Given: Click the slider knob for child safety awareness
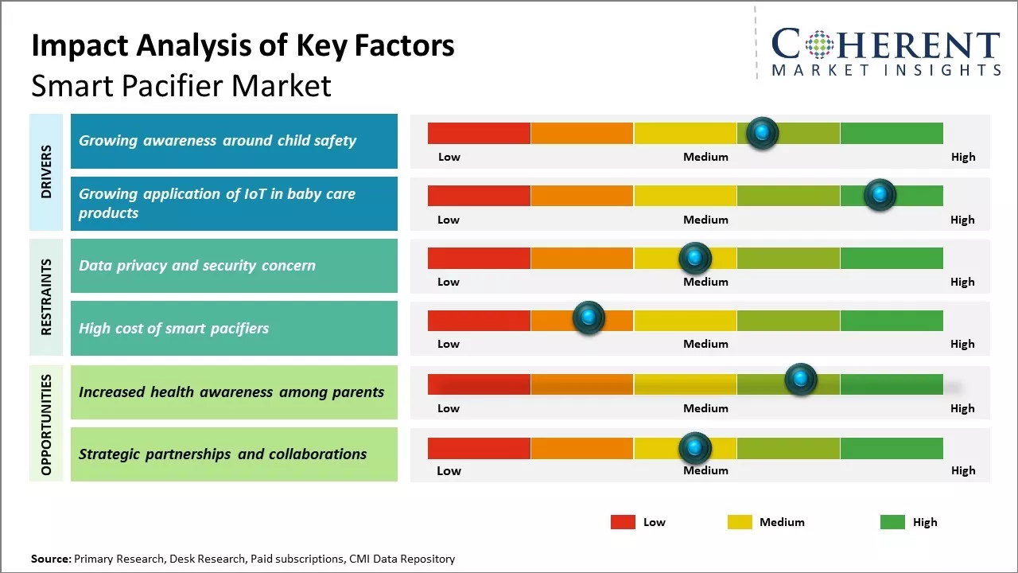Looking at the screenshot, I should coord(763,133).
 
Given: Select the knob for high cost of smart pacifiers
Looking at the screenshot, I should coord(589,318).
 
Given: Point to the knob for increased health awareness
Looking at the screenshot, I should coord(801,380).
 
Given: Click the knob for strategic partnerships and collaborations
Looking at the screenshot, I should coord(695,449).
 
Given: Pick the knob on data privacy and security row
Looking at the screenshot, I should coord(695,258).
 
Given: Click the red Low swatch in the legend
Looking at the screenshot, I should coord(623,522).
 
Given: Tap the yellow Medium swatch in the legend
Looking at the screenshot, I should coord(740,522).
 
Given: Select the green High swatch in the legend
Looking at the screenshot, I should coord(892,522).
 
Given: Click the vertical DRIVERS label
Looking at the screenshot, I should coord(46,172).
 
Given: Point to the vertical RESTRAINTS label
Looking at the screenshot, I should coord(46,297).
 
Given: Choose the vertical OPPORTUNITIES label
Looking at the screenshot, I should coord(46,424).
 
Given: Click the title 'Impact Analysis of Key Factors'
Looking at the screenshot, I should coord(243,46).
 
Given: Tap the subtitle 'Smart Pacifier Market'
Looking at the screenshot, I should coord(181,86).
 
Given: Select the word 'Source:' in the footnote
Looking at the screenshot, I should coord(51,559).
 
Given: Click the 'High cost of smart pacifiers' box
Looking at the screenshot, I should coord(234,328).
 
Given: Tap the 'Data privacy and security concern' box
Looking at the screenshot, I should coord(234,266).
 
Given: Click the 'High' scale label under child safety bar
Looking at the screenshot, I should coord(963,157).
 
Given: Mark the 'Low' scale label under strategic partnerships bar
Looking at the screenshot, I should coord(449,470).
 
